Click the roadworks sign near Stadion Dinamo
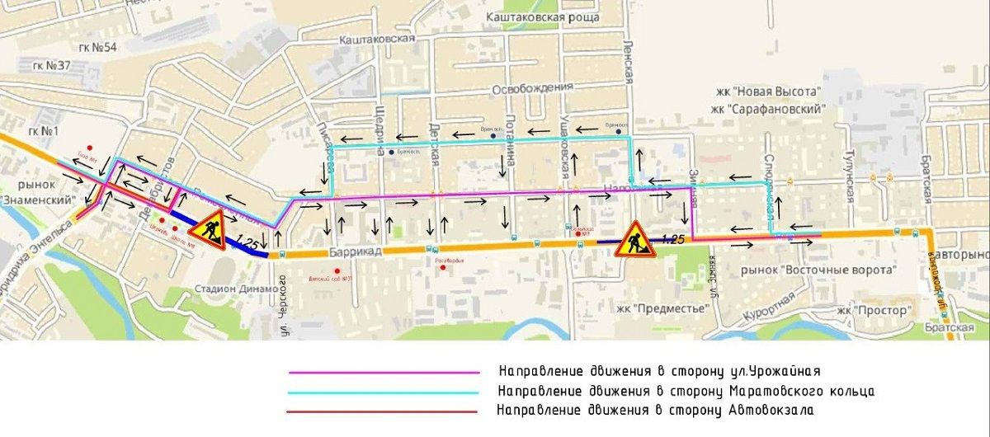212,229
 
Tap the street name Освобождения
531,88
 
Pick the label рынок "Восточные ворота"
806,270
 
